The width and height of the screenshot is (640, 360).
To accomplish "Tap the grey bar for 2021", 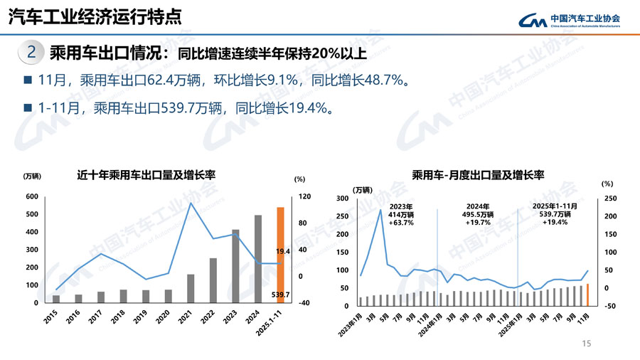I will coord(191,288).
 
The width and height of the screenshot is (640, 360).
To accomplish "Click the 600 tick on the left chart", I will coord(31,196).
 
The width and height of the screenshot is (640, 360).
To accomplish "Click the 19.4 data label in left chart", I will coord(283,251).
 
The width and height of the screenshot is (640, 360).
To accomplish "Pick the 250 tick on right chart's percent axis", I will coord(609,198).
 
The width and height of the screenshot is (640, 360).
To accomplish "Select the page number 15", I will coord(587,344).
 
